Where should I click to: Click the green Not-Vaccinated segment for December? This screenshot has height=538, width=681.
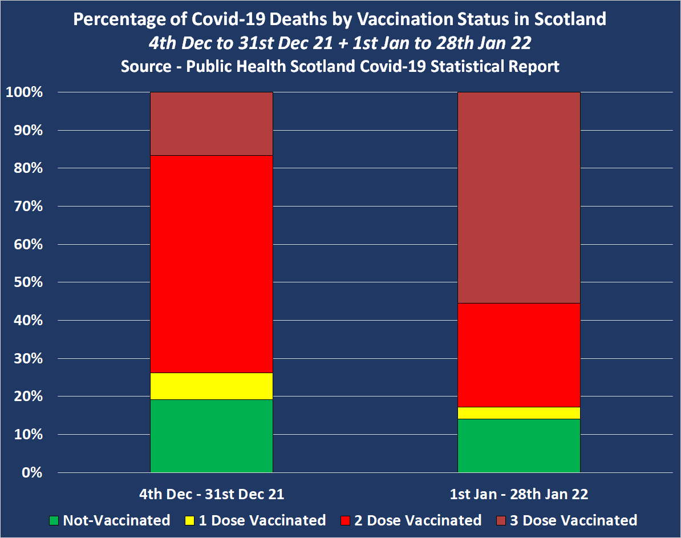pos(211,435)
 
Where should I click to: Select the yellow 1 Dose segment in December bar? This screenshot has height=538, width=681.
pos(211,386)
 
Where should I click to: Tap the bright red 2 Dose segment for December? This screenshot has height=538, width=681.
pos(211,264)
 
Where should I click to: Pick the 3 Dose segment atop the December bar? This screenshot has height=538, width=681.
pos(211,123)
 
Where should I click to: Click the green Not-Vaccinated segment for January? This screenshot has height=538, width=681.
pos(518,445)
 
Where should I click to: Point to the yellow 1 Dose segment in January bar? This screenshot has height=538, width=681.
pos(518,412)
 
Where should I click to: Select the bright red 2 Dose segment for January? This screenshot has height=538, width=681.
pos(518,354)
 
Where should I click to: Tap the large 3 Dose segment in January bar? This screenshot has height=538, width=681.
pos(518,197)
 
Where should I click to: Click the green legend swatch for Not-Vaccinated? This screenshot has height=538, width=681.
pos(54,520)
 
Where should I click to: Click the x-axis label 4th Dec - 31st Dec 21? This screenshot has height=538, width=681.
pos(212,494)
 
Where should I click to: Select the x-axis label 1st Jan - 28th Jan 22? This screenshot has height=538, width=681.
pos(519,494)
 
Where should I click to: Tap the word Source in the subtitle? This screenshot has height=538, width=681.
pos(145,66)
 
